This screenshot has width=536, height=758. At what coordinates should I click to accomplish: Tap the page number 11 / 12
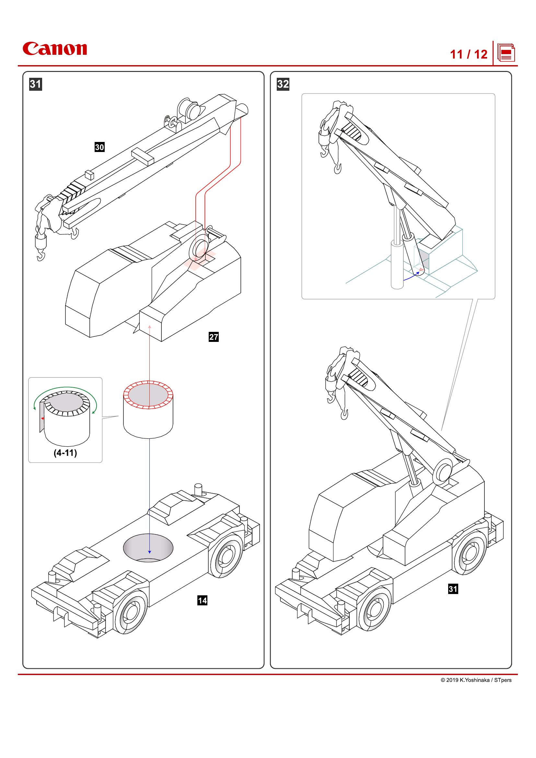pyautogui.click(x=468, y=54)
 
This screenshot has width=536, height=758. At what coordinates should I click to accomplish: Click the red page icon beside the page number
pyautogui.click(x=506, y=53)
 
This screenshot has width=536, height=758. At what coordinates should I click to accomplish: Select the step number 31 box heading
pyautogui.click(x=36, y=84)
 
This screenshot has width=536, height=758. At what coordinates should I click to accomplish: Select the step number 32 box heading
pyautogui.click(x=283, y=84)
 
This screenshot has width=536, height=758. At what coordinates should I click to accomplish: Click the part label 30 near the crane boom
pyautogui.click(x=99, y=147)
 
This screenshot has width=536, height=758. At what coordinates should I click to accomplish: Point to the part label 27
pyautogui.click(x=214, y=337)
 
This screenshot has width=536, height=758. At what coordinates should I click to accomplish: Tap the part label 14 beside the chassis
pyautogui.click(x=202, y=601)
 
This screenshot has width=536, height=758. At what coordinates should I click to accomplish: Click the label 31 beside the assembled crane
pyautogui.click(x=453, y=589)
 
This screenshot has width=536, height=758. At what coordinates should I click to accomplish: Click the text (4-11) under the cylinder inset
pyautogui.click(x=65, y=453)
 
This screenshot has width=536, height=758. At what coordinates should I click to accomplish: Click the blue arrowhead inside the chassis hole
pyautogui.click(x=149, y=552)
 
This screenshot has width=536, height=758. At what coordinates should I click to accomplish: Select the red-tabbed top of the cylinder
pyautogui.click(x=148, y=395)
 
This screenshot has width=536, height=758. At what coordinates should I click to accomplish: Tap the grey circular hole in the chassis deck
pyautogui.click(x=148, y=547)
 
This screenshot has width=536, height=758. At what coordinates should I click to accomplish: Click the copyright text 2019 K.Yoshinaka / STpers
pyautogui.click(x=476, y=680)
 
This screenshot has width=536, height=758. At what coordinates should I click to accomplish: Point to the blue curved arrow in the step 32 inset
pyautogui.click(x=411, y=277)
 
